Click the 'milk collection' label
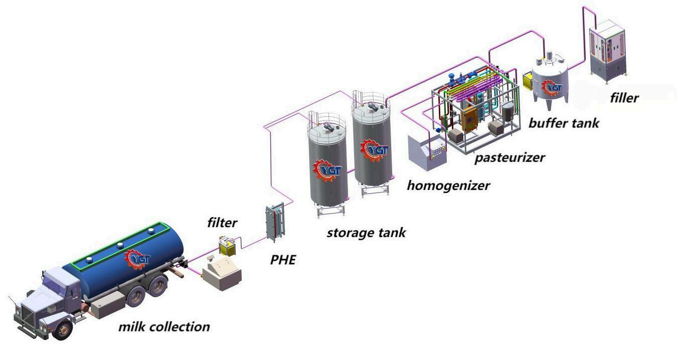coord(164,327)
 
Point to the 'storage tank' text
coord(366,233)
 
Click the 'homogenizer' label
coord(448,186)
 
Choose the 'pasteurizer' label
coord(510,158)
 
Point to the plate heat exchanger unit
coord(274,221)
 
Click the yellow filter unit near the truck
coord(227,246)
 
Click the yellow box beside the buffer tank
coord(528,80)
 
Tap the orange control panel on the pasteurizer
coord(470,116)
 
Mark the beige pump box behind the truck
coord(221,274)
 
